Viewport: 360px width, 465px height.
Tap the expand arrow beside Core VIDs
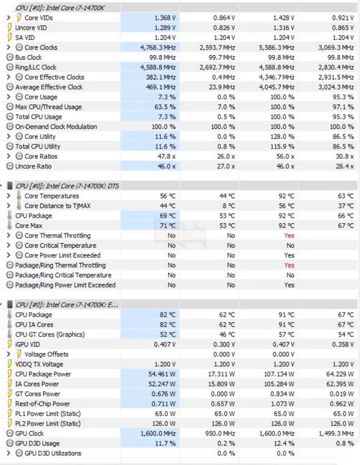[x=9, y=18]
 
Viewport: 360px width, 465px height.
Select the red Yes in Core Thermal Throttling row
[x=289, y=235]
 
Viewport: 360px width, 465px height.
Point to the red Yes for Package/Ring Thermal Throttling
[x=289, y=265]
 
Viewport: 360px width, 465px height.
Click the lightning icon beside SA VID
[x=10, y=38]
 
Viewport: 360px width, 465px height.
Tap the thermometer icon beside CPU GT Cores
[x=10, y=335]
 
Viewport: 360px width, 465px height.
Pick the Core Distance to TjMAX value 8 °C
[x=227, y=206]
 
